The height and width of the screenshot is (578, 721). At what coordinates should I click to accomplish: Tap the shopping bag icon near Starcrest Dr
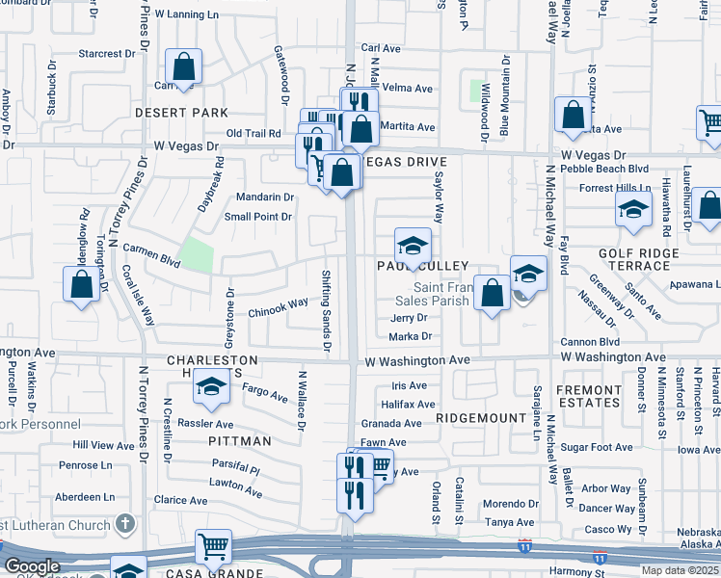pos(183,68)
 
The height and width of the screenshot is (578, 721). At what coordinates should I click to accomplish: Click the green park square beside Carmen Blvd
pos(197,254)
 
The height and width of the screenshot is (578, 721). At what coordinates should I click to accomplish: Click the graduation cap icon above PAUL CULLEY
pos(412,245)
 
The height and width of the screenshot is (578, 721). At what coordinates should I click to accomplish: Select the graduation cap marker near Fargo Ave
pos(211,387)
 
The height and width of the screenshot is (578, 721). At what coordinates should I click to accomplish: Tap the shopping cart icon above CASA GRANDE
pos(213,546)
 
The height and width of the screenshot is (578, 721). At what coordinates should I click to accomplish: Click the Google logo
pos(31,566)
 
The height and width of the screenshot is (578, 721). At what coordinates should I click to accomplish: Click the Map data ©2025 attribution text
pos(680,570)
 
